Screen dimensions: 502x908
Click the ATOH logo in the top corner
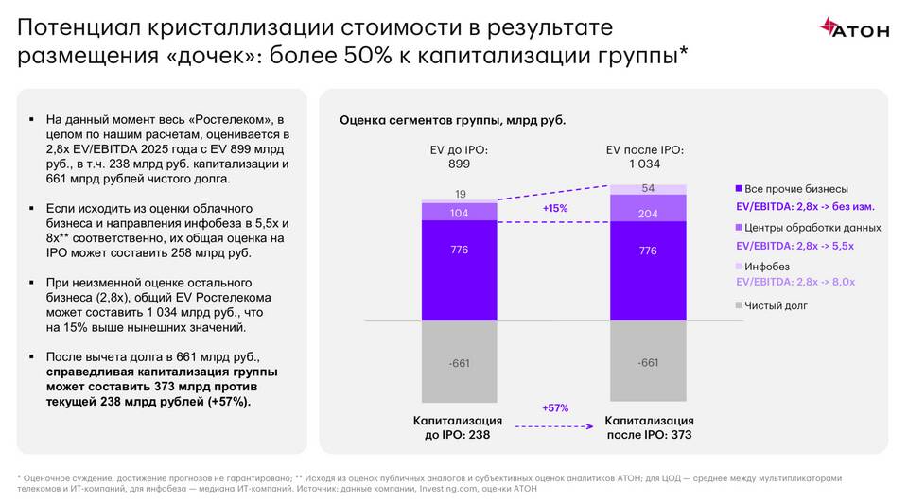(854, 28)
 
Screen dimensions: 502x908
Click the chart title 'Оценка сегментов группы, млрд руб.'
(452, 120)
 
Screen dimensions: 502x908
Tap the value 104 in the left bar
(459, 214)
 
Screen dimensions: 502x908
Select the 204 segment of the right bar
(648, 214)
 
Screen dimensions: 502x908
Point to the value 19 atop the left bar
(459, 195)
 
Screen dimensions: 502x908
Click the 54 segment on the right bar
(648, 189)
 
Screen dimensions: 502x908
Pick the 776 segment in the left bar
(459, 251)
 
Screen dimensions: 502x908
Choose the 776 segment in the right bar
(648, 251)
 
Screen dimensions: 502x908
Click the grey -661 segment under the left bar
(459, 362)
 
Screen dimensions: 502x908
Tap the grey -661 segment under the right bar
(648, 362)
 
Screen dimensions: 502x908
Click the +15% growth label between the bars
(554, 208)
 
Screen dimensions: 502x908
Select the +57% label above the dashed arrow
(554, 407)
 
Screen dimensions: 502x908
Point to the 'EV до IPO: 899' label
(458, 156)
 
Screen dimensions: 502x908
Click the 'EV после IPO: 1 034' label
(648, 156)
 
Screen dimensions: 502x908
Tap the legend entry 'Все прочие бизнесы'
(796, 188)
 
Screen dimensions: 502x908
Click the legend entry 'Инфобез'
(767, 267)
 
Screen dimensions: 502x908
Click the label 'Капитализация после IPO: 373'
(649, 427)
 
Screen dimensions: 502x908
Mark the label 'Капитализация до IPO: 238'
(458, 427)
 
